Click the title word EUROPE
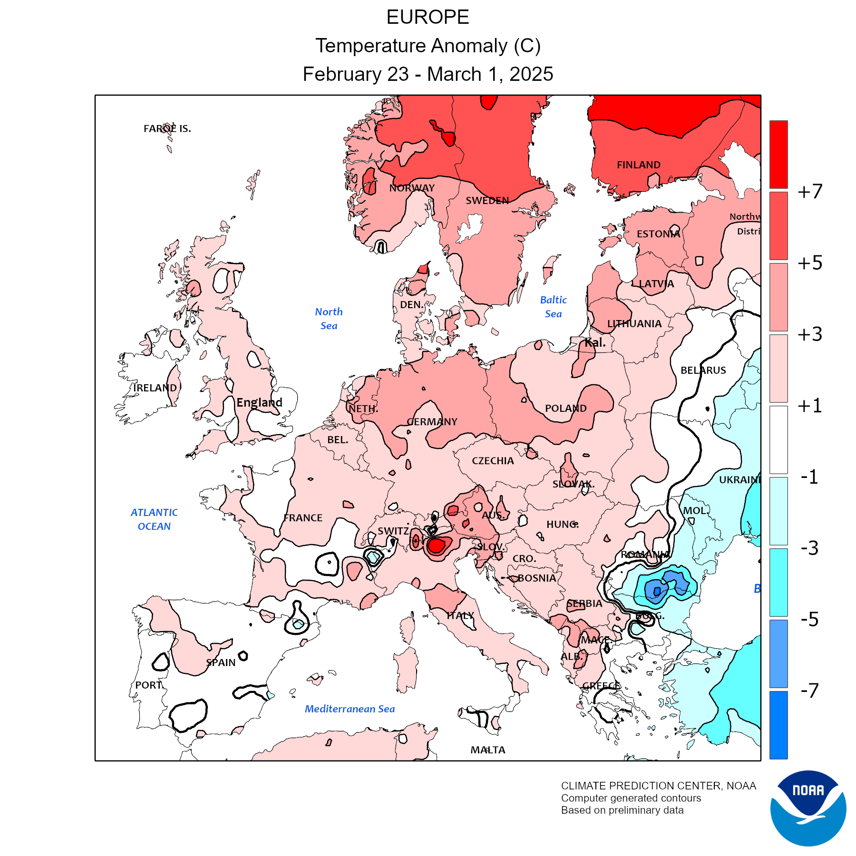click(428, 18)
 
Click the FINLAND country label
click(638, 165)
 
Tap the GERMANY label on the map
click(432, 422)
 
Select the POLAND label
click(565, 409)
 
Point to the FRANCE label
click(303, 518)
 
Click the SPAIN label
click(221, 663)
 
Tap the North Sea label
click(329, 319)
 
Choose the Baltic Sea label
click(553, 307)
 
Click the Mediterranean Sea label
click(350, 709)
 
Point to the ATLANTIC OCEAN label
click(154, 519)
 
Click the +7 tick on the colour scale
click(810, 192)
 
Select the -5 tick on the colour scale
click(810, 620)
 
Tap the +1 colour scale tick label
click(810, 406)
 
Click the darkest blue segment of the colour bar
click(778, 725)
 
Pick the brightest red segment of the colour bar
click(778, 154)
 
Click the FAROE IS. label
click(167, 129)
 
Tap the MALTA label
click(487, 750)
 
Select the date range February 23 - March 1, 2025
click(428, 74)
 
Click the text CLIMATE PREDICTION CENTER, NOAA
click(658, 786)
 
